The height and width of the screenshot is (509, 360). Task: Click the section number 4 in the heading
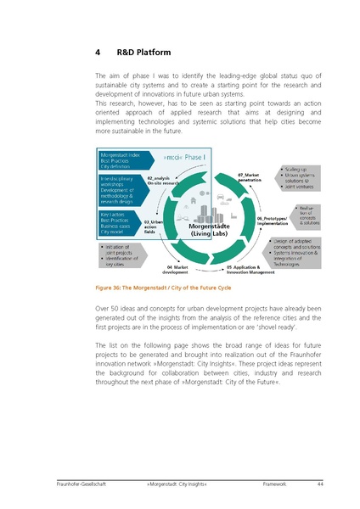(98, 53)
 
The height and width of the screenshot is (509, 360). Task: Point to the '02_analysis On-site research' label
(162, 180)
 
